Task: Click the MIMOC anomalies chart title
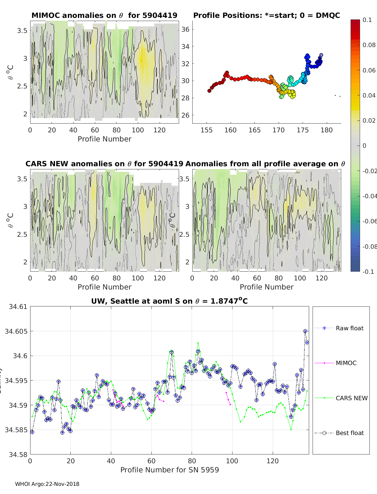coord(104,15)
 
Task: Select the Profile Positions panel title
coord(266,15)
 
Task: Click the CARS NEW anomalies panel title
coord(104,164)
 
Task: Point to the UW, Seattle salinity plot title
coord(169,301)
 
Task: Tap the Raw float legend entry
coord(349,328)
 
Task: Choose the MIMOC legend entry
coord(346,363)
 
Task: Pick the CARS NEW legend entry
coord(351,398)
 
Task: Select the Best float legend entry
coord(349,433)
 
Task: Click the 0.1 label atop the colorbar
coord(367,20)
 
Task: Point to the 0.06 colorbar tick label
coord(369,70)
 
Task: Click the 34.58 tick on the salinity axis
coord(18,454)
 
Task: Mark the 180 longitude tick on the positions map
coord(326,130)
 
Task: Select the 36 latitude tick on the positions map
coord(185,29)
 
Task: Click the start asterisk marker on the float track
coord(321,56)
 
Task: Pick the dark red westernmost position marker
coord(210,91)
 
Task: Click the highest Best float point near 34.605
coord(305,331)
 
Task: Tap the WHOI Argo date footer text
coord(47,484)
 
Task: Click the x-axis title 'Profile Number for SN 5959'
coord(169,470)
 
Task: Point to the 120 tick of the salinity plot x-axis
coord(273,461)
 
